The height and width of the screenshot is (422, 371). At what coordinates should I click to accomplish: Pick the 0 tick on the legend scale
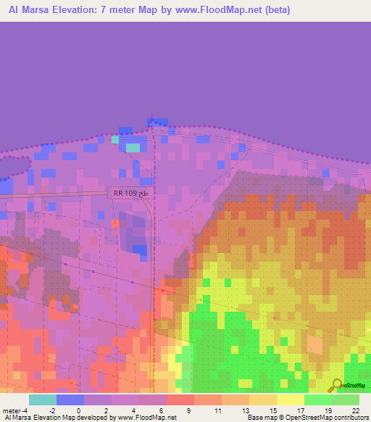(78, 410)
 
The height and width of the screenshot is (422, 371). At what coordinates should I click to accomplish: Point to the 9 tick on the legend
(188, 410)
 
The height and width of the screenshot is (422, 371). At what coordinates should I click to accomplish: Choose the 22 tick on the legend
(354, 410)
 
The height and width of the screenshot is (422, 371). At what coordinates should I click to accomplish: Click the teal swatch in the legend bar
(42, 400)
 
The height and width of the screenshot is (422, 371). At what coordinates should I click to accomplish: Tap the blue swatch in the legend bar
(70, 400)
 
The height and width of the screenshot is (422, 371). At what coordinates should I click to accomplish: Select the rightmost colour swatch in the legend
(346, 400)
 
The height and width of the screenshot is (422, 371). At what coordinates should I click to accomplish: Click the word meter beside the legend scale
(12, 410)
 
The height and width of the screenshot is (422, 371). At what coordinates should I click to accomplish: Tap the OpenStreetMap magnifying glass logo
(336, 385)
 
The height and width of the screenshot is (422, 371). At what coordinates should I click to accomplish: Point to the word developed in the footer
(96, 418)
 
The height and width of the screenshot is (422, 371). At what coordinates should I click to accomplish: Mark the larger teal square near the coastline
(133, 147)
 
